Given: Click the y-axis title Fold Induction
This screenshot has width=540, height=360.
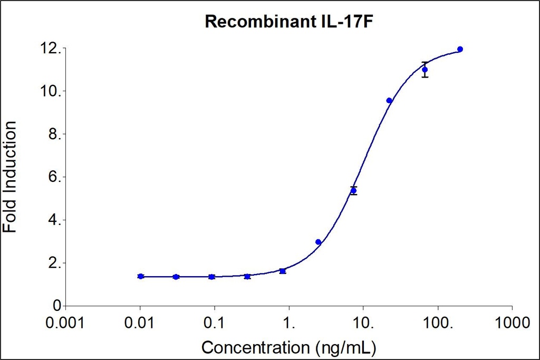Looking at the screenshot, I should [x=10, y=177].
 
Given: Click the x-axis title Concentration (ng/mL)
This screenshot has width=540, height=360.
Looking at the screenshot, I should [x=290, y=347].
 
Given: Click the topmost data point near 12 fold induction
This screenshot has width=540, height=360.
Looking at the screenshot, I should [x=460, y=49].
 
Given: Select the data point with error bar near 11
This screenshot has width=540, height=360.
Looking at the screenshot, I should [x=425, y=70].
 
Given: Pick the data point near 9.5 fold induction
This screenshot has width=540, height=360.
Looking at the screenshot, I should [x=389, y=100].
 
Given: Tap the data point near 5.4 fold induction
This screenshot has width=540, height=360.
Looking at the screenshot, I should [x=353, y=190].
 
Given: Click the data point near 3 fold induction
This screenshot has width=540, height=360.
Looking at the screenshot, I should [x=318, y=242].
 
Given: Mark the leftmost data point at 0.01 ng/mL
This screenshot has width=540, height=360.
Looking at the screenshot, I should [x=140, y=276].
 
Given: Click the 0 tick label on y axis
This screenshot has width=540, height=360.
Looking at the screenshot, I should [x=56, y=306].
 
